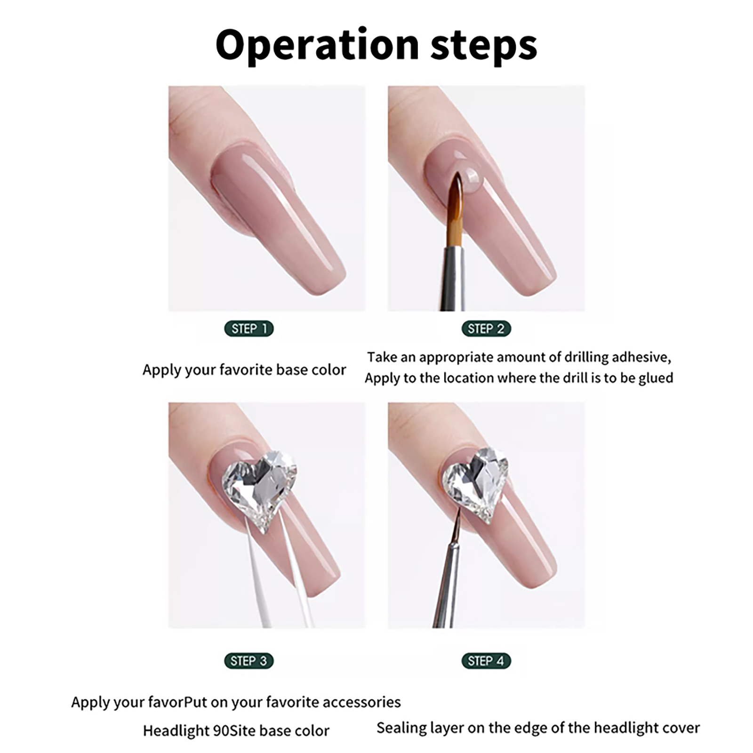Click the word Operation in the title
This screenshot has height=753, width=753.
(x=317, y=45)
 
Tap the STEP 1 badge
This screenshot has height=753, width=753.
(x=249, y=328)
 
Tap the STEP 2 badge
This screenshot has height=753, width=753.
(x=486, y=328)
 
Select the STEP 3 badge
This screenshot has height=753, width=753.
(x=249, y=661)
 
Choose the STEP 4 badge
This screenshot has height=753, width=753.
(x=486, y=661)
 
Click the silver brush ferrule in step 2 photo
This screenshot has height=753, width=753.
(x=452, y=278)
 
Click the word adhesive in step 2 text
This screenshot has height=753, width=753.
(x=641, y=357)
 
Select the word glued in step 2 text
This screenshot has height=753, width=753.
(x=656, y=378)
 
